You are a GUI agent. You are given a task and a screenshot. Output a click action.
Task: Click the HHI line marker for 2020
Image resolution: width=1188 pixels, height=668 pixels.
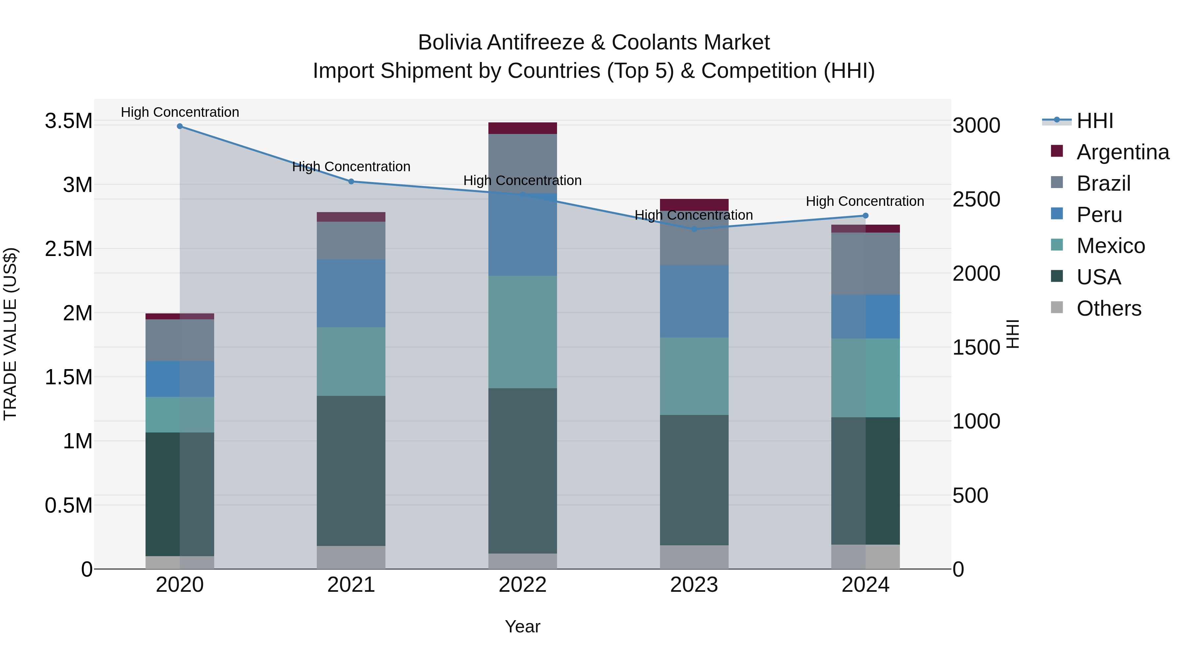coord(180,126)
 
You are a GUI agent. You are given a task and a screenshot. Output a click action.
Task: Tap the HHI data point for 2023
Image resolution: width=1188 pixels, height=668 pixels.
coord(694,229)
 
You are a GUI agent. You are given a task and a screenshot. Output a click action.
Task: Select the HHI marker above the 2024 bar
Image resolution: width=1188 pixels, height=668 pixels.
coord(865,216)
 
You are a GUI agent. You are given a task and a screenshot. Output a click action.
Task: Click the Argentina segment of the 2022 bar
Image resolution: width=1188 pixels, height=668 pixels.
coord(522,128)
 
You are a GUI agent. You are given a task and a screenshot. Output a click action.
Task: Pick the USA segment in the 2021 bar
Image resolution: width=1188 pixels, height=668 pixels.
coord(351,470)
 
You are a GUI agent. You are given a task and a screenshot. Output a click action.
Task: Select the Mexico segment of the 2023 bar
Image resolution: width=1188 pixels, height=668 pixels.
coord(694,376)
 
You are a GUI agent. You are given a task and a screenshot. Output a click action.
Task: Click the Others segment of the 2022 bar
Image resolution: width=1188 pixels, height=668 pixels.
coord(522,561)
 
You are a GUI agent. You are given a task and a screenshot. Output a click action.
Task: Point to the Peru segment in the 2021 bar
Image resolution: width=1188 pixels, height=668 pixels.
coord(351,293)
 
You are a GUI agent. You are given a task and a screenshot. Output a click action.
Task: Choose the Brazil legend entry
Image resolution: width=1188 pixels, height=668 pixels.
coord(1103,183)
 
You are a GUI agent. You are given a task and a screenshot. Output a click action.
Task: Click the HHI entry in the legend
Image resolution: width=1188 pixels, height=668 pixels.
coord(1094,121)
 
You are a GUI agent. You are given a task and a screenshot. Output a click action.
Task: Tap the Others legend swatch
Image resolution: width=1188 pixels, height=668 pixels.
coord(1057,307)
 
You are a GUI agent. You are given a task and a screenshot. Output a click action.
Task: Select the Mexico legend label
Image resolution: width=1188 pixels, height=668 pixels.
coord(1110,246)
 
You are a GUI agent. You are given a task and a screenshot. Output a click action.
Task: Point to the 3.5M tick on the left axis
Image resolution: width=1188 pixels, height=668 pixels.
coord(68,121)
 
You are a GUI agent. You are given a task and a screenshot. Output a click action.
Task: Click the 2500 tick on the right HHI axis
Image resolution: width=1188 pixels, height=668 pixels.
coord(976,200)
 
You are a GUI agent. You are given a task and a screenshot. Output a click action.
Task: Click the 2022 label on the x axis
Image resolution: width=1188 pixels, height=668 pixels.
coord(522,585)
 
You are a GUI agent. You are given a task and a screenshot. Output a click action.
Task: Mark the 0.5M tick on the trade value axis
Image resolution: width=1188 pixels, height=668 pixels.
coord(68,506)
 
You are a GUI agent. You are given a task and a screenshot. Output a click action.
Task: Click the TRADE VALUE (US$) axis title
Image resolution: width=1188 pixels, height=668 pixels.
coord(10,334)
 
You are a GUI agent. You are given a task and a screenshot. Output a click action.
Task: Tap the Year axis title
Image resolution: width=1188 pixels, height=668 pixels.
coord(522,626)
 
